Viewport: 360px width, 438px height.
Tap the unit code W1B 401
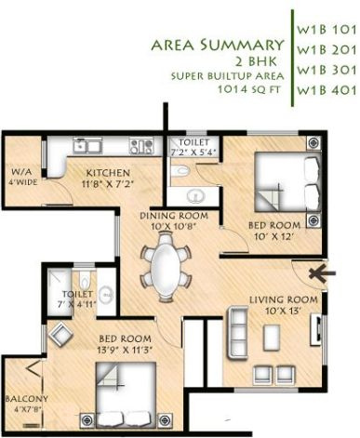click(x=325, y=91)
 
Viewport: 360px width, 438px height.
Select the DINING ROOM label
click(x=173, y=216)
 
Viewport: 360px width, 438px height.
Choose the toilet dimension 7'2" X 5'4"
click(x=193, y=152)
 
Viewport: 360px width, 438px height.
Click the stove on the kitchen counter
click(x=142, y=145)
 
